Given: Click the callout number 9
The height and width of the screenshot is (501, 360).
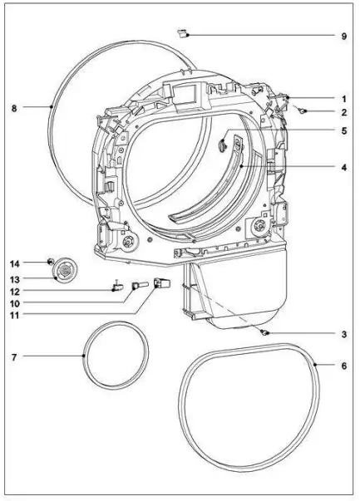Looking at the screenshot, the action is (343, 36).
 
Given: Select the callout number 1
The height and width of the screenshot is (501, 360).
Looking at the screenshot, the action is (344, 99).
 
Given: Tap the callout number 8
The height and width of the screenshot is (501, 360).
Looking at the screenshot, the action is (14, 108).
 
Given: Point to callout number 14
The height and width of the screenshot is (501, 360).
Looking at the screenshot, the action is (14, 264).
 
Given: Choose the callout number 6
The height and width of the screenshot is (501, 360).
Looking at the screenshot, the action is (343, 366).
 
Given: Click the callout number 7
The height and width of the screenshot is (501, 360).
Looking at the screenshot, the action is (14, 357).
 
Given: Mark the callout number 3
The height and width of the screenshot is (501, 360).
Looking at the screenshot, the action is (343, 335).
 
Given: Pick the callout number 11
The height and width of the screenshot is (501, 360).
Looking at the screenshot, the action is (14, 316).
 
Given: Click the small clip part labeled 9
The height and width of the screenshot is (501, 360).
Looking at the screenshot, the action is (183, 33).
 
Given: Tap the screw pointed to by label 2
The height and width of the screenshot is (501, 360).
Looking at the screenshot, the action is (301, 111).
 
